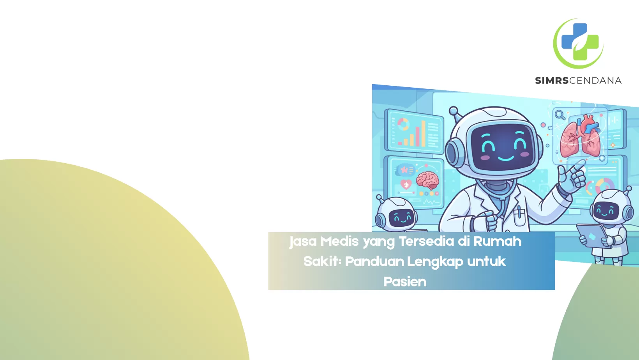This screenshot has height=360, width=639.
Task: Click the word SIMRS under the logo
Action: pyautogui.click(x=552, y=81)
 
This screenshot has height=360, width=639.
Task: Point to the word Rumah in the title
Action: pyautogui.click(x=497, y=241)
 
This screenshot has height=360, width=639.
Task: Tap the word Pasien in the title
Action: pyautogui.click(x=405, y=282)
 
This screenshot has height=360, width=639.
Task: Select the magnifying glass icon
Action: pyautogui.click(x=560, y=115)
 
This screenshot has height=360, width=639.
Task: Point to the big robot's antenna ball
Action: pyautogui.click(x=453, y=110)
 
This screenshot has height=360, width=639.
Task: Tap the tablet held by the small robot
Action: pyautogui.click(x=593, y=236)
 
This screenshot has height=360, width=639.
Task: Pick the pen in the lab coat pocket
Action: pyautogui.click(x=519, y=212)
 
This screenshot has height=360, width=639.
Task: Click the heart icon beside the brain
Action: pyautogui.click(x=406, y=185)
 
